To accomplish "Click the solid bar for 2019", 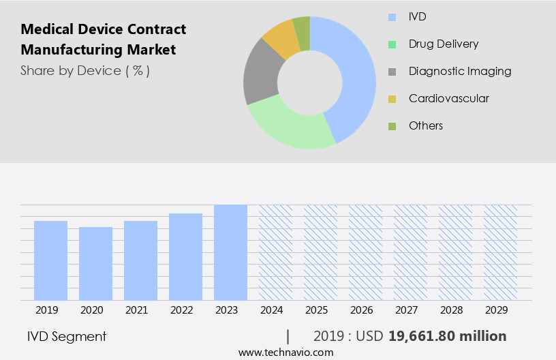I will pyautogui.click(x=50, y=260).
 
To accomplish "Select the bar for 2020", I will pyautogui.click(x=95, y=263).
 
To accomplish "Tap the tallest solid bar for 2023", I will pyautogui.click(x=230, y=252).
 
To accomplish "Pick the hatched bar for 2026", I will pyautogui.click(x=366, y=252).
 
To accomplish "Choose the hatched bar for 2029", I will pyautogui.click(x=501, y=252).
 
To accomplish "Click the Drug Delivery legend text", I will pyautogui.click(x=444, y=44).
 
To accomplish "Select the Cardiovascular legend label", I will pyautogui.click(x=448, y=98).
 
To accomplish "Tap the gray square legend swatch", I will pyautogui.click(x=392, y=72).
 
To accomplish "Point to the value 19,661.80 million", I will pyautogui.click(x=447, y=336).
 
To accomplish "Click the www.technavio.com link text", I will pyautogui.click(x=286, y=352).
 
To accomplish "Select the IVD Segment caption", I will pyautogui.click(x=67, y=336).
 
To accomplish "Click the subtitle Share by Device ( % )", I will pyautogui.click(x=85, y=70).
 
